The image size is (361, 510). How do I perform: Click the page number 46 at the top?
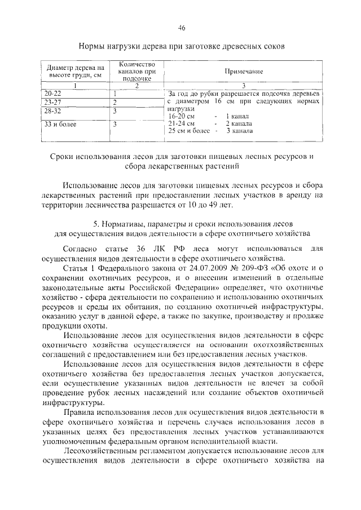(x=182, y=28)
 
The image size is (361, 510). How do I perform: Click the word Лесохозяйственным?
(x=108, y=451)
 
